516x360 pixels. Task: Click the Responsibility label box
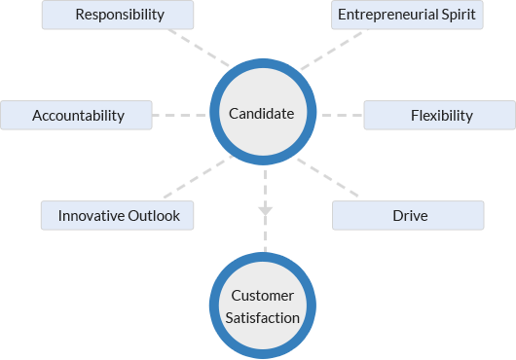[119, 15]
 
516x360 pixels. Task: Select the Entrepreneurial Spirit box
[407, 15]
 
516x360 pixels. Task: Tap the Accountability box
[78, 115]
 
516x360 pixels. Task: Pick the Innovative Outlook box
[118, 215]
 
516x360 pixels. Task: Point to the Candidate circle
[261, 114]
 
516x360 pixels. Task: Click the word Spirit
[458, 15]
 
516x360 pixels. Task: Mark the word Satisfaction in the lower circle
[263, 316]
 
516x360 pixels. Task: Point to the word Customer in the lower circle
[263, 295]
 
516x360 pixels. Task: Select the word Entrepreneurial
[386, 15]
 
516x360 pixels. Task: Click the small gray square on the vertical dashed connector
[265, 211]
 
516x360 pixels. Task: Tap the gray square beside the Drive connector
[332, 182]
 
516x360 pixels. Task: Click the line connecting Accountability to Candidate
[179, 115]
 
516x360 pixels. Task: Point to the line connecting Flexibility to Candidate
[342, 115]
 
